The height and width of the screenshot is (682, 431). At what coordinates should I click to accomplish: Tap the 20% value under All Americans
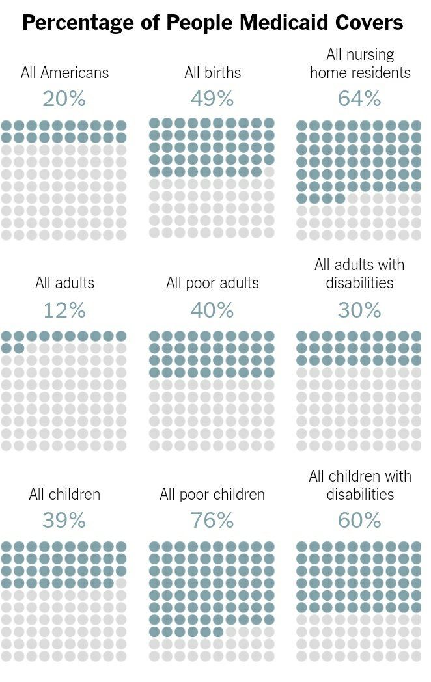(64, 99)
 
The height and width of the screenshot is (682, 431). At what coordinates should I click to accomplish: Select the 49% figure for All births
(212, 99)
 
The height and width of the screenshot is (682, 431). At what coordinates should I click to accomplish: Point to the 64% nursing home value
(359, 99)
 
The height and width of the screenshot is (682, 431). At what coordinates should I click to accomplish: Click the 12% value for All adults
(64, 310)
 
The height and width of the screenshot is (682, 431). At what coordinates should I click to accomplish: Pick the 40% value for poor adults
(212, 310)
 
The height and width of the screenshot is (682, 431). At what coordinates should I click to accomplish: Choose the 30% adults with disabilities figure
(359, 310)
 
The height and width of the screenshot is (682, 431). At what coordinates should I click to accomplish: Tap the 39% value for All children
(64, 521)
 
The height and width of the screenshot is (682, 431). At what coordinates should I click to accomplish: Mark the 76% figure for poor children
(212, 521)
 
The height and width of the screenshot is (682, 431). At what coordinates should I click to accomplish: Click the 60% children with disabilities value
(359, 521)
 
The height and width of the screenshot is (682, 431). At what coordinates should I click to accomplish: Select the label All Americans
(64, 72)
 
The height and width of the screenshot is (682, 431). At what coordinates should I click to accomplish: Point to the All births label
(212, 72)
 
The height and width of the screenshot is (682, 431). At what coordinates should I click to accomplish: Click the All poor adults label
(212, 283)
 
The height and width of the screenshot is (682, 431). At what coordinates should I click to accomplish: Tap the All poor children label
(212, 495)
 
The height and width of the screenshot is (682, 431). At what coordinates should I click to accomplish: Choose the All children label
(64, 495)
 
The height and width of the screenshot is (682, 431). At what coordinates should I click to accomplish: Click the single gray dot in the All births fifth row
(269, 172)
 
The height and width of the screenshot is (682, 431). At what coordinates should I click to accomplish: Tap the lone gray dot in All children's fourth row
(121, 583)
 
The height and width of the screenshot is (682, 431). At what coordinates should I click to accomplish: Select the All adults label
(64, 283)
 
